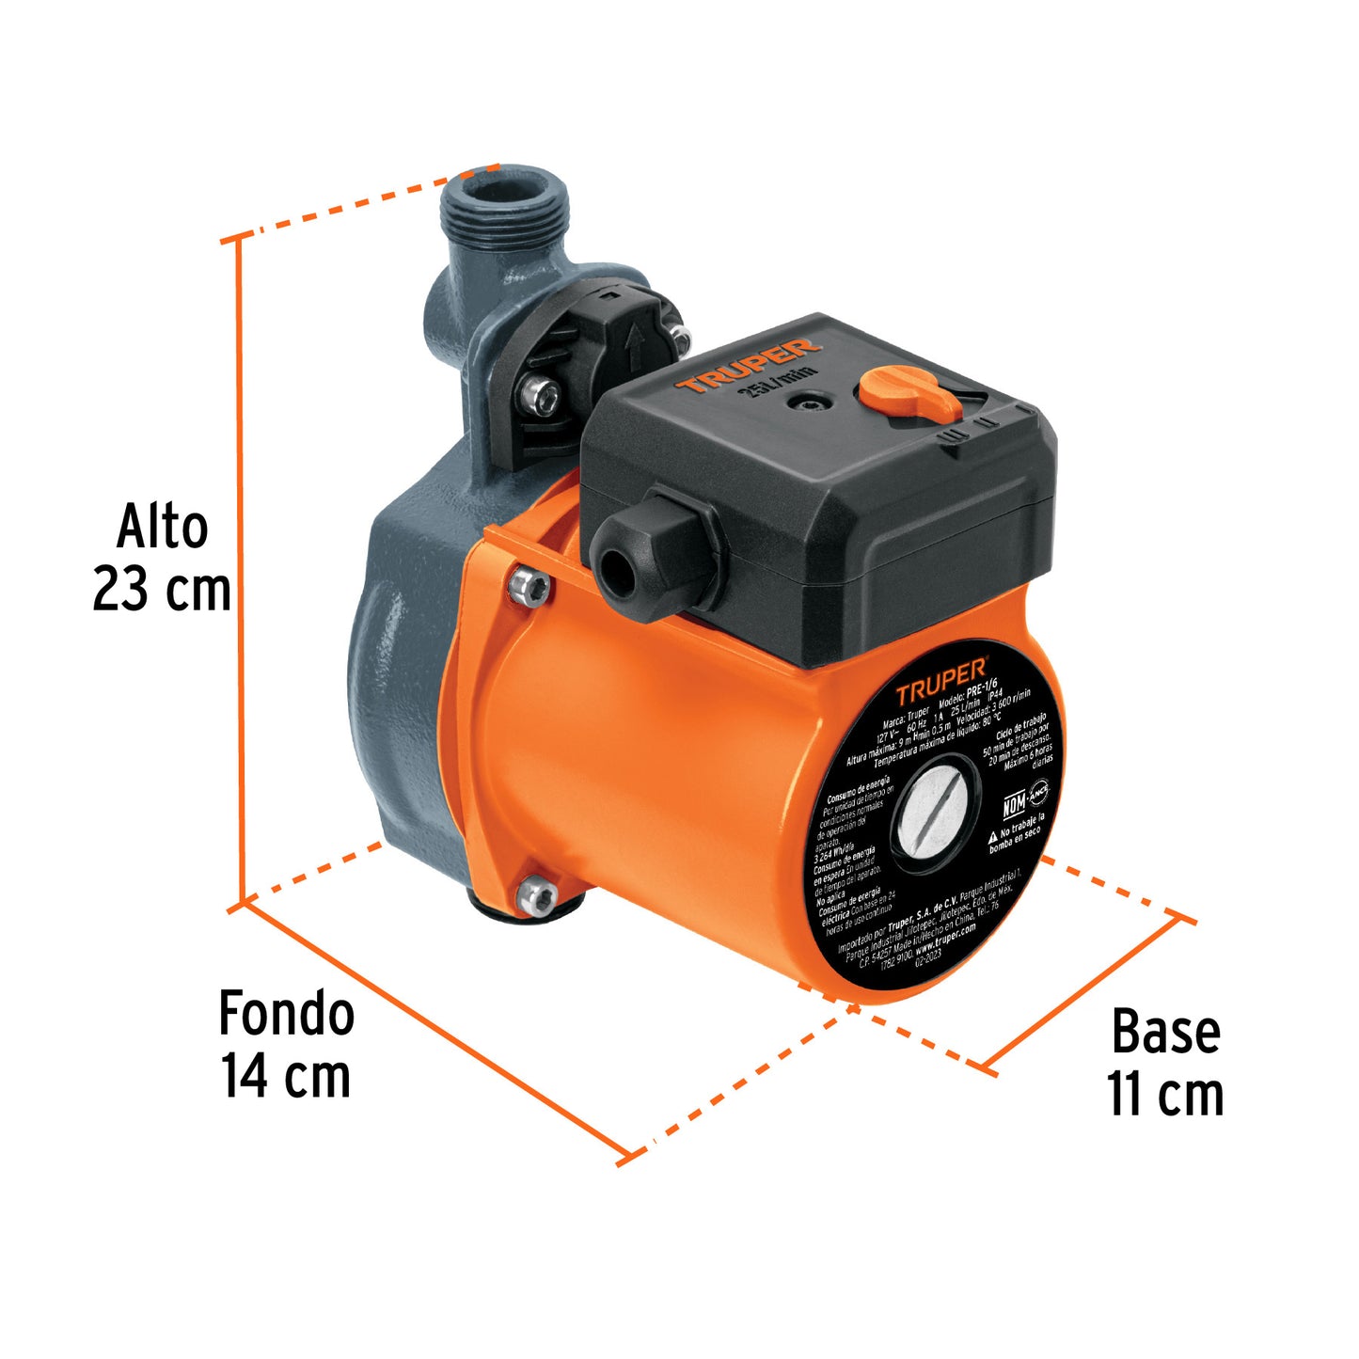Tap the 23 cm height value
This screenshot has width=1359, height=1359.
(162, 591)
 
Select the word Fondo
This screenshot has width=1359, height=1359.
(286, 1014)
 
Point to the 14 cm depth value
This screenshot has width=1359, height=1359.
(286, 1076)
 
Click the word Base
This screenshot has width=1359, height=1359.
(1165, 1032)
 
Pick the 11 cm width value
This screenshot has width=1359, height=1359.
(1165, 1095)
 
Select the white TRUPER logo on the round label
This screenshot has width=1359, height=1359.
(940, 680)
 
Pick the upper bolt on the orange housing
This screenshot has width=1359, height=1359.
(530, 586)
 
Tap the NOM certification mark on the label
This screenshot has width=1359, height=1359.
(1014, 805)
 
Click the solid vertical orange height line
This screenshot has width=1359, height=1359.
(242, 564)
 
